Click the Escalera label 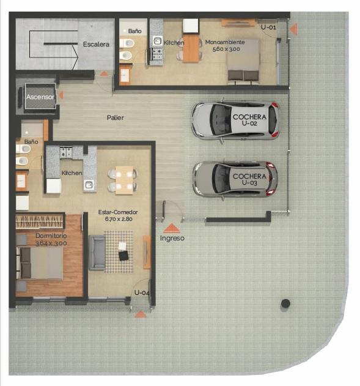coord(96,44)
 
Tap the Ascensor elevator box coord(40,96)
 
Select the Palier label coord(115,117)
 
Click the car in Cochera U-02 coord(235,121)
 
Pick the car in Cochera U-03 coord(235,179)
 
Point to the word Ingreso coord(172,239)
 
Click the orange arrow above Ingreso coord(171,228)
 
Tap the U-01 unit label coord(268,27)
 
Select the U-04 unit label coord(142,292)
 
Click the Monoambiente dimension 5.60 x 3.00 coord(226,49)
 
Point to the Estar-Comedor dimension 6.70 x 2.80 coord(119,219)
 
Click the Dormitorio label coord(51,236)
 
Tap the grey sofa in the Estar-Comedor coord(97,252)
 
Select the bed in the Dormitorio coord(39,263)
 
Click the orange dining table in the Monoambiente coord(191,49)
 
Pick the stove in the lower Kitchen coord(66,152)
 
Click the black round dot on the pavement coord(285,303)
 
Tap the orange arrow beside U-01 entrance coord(293,29)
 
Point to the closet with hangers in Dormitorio coord(39,221)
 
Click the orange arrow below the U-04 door coord(141,314)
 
